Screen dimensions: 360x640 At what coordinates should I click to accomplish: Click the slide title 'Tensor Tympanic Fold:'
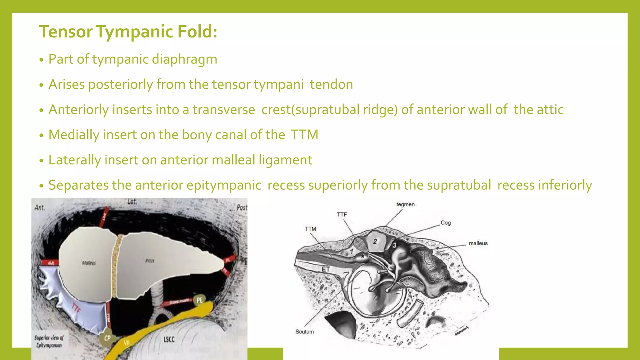pos(128,32)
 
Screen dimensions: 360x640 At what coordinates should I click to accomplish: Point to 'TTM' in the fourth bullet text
pos(304,135)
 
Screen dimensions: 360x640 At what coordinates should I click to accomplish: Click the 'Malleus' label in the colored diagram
pos(89,263)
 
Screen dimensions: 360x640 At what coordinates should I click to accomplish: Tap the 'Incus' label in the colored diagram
pos(150,260)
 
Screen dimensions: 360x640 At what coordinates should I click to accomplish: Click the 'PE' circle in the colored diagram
pos(199,300)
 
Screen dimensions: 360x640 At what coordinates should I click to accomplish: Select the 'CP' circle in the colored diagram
pos(107,338)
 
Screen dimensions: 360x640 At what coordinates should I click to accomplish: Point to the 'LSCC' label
pos(169,339)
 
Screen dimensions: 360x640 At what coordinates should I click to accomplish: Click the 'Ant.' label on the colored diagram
pos(40,207)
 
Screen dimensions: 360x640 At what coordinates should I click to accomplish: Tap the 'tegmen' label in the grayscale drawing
pos(405,204)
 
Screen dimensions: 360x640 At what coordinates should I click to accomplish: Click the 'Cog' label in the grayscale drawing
pos(446,223)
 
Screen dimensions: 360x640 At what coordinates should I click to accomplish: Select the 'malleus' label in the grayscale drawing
pos(478,243)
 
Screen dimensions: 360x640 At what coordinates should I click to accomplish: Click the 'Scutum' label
pos(304,332)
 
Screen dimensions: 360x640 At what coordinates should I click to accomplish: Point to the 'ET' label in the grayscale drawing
pos(326,269)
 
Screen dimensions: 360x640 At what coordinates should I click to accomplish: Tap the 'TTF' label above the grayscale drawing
pos(342,214)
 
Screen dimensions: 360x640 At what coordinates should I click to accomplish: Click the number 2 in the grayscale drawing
pos(375,241)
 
